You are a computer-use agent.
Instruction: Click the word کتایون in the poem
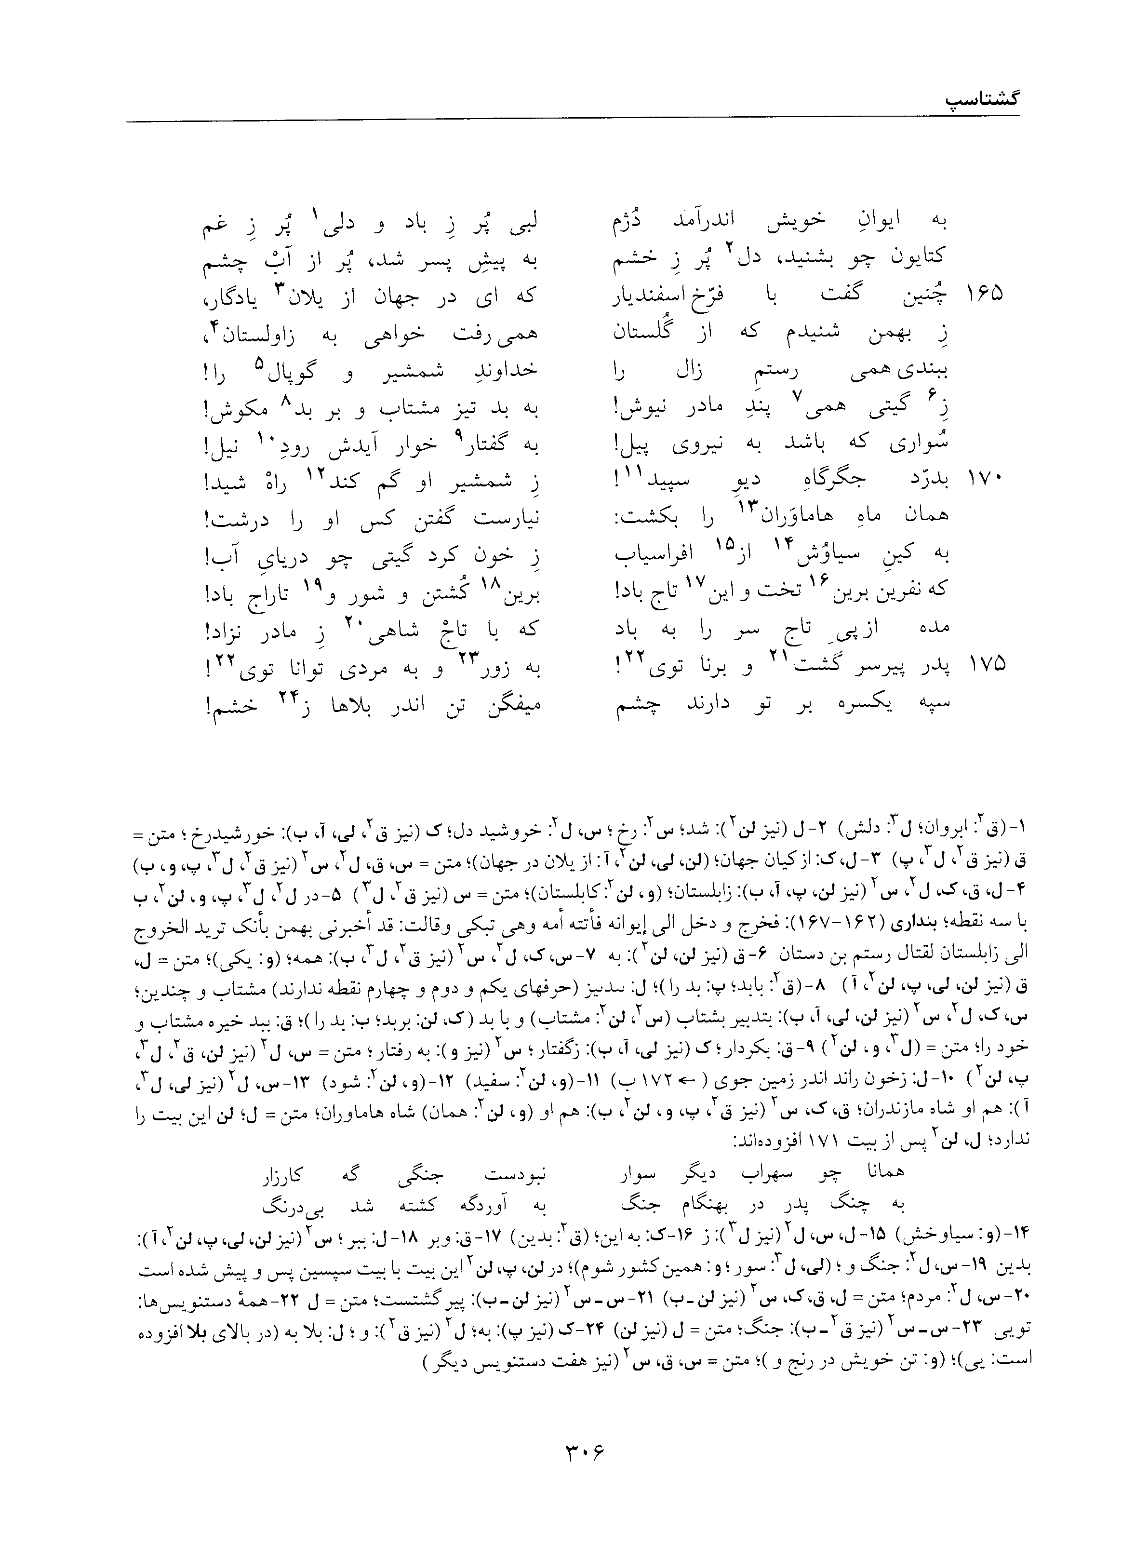(x=917, y=256)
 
